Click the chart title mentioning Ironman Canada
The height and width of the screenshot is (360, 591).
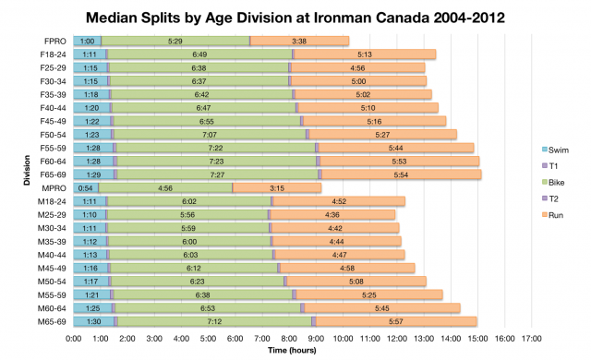click(x=295, y=17)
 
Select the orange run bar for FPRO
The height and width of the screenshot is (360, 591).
click(x=299, y=41)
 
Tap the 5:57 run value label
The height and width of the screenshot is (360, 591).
click(x=396, y=321)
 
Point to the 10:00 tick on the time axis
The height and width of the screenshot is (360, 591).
click(x=341, y=339)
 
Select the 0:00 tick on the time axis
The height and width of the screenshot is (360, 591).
click(x=74, y=339)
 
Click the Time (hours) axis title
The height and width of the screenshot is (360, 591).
click(x=296, y=351)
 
